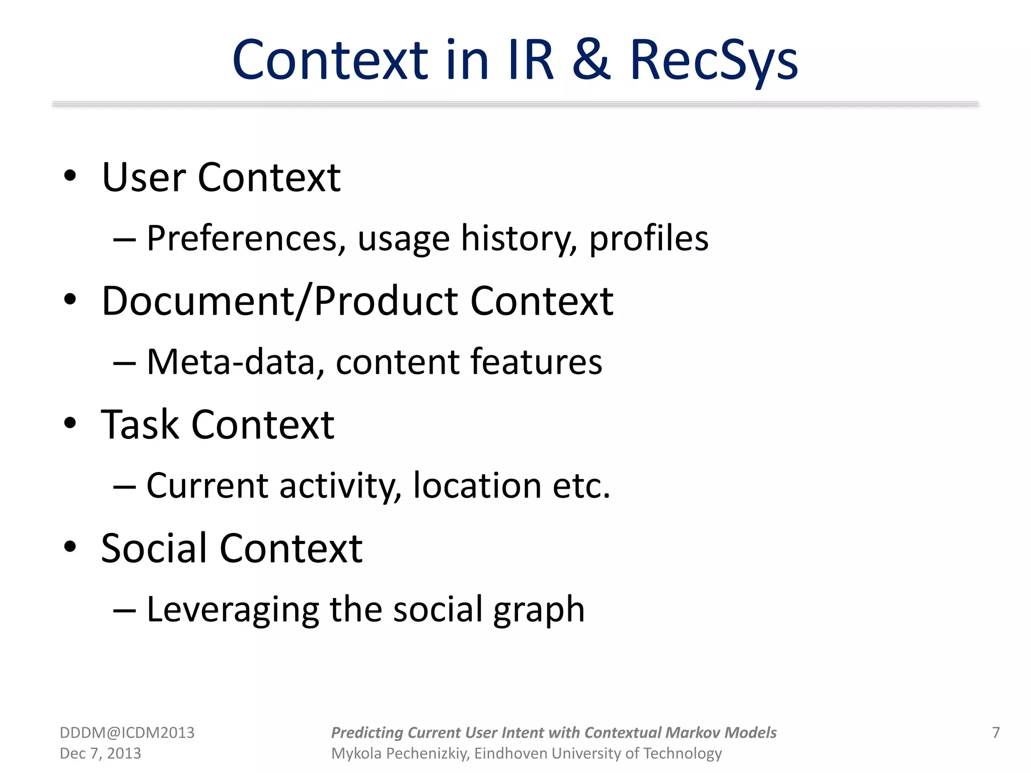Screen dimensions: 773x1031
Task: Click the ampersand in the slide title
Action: tap(592, 60)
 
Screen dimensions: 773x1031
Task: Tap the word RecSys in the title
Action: tap(714, 61)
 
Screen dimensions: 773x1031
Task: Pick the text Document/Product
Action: tap(279, 301)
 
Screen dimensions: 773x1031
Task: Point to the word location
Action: tap(477, 486)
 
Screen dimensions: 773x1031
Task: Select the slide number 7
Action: tap(996, 733)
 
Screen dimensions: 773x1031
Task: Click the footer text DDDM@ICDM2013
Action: tap(127, 733)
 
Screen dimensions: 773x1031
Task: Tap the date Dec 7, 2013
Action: tap(100, 753)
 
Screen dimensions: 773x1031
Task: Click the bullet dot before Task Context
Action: tap(70, 423)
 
